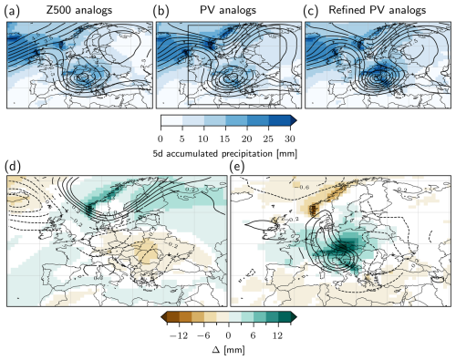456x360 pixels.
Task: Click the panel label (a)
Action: click(13, 9)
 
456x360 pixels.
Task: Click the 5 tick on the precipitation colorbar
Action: click(183, 137)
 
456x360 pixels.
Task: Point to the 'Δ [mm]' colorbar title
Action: click(228, 349)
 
